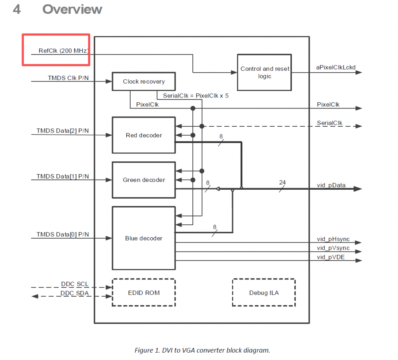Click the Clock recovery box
[144, 82]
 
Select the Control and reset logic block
[265, 73]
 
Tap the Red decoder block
[144, 135]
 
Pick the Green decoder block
[144, 180]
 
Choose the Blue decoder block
[144, 238]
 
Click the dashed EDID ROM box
[144, 293]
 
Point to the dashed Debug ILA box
[264, 293]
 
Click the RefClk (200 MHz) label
[64, 51]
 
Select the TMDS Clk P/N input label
[68, 78]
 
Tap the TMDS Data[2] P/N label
[63, 131]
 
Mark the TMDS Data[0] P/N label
[63, 234]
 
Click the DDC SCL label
[75, 284]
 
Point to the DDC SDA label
[75, 293]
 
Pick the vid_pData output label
[331, 185]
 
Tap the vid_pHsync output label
[333, 239]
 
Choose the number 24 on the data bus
[282, 182]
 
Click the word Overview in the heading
[72, 9]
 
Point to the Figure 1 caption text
[202, 350]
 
